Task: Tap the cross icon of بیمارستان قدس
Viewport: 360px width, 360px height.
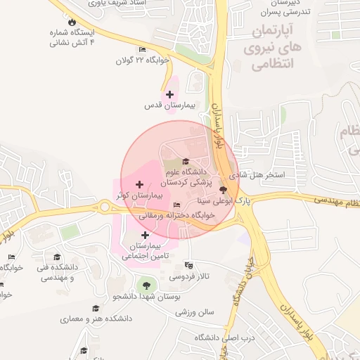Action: coord(169,94)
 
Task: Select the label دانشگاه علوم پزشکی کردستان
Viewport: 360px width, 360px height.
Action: coord(185,176)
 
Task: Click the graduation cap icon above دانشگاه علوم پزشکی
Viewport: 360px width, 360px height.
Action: coord(186,162)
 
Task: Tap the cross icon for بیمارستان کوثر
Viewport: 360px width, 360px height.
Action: coord(139,184)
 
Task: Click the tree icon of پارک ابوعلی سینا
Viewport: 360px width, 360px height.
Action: coord(224,190)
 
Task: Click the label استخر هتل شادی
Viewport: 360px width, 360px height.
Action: coord(260,174)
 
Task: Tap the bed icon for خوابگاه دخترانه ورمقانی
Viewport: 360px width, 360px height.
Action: coord(176,205)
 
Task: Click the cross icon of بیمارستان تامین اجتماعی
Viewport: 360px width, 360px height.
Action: coord(145,236)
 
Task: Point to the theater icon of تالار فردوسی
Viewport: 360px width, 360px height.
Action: coord(188,265)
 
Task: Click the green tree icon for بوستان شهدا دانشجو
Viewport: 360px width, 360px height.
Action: coord(146,285)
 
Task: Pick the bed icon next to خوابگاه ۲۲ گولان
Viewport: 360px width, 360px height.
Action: coord(143,49)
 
